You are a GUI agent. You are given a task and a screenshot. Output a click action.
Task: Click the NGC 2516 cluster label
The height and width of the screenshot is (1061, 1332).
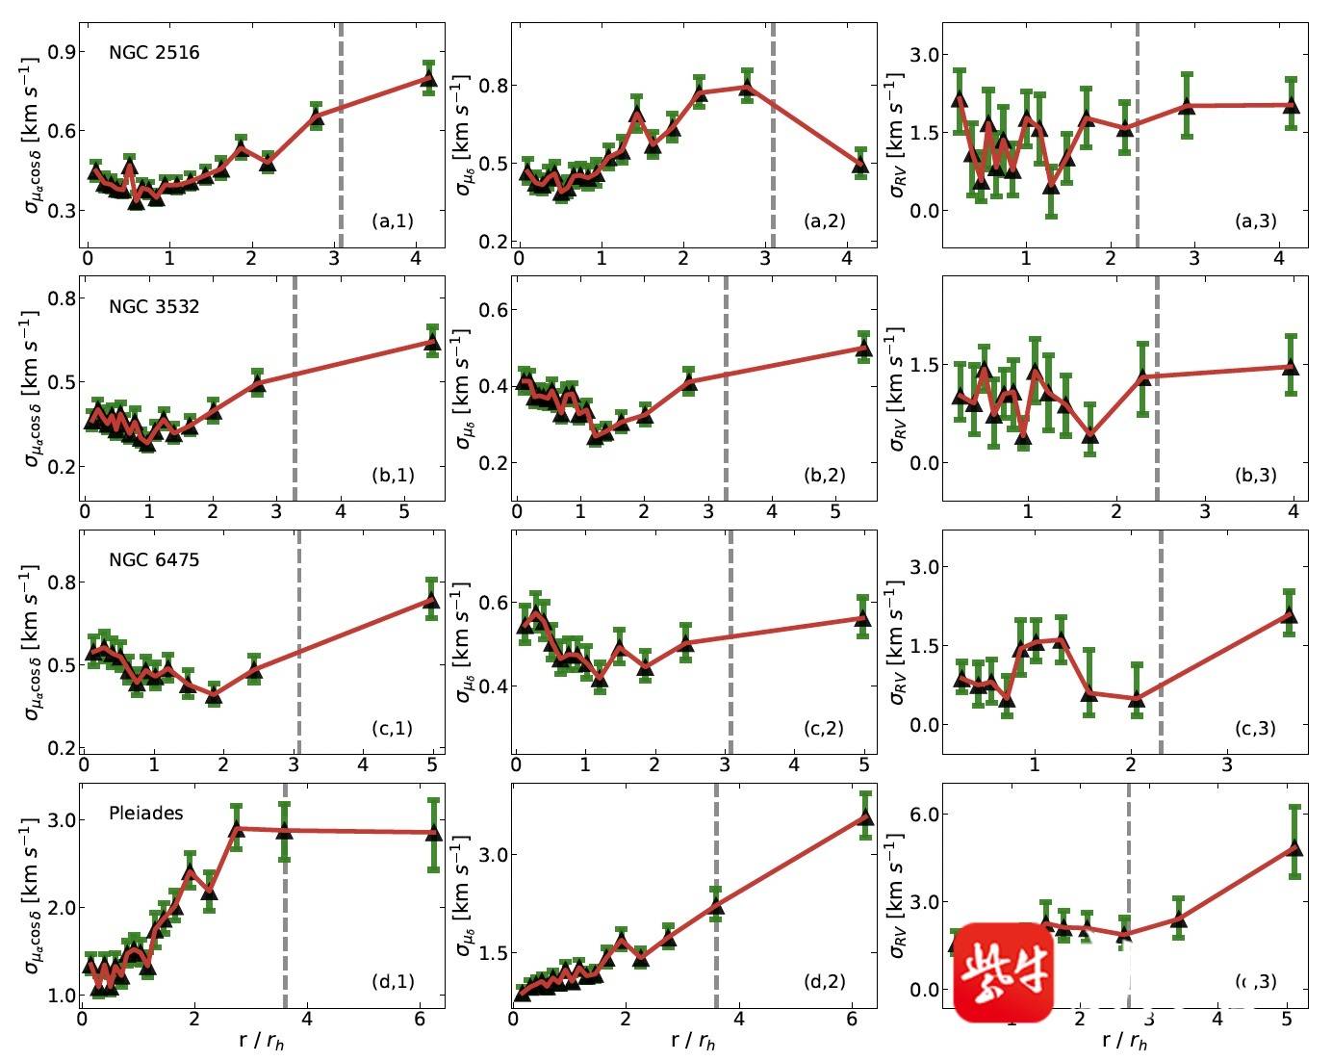click(154, 52)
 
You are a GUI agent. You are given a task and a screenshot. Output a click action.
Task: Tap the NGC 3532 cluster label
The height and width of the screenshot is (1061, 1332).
click(154, 307)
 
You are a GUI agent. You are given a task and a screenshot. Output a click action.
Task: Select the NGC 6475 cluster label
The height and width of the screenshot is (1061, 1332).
click(154, 558)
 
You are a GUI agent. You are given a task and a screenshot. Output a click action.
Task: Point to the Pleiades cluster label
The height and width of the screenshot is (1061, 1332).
click(146, 813)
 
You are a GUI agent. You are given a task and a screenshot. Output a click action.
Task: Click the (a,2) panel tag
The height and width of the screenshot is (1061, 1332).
click(825, 220)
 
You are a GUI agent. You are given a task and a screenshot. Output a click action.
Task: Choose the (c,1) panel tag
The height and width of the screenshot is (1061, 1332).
click(393, 728)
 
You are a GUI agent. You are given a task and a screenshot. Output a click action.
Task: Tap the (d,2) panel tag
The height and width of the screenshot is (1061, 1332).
click(825, 981)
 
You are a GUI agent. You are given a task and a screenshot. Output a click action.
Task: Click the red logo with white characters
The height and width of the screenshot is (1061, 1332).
click(1004, 972)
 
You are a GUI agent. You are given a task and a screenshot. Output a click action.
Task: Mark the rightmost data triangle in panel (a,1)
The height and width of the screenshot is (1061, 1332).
click(429, 80)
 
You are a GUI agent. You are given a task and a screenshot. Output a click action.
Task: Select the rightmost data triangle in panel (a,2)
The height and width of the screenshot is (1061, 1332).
click(860, 165)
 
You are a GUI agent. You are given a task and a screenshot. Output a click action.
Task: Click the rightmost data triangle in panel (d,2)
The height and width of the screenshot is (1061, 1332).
click(865, 818)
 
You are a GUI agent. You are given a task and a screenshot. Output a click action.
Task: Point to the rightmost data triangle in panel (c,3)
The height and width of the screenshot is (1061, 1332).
click(1289, 615)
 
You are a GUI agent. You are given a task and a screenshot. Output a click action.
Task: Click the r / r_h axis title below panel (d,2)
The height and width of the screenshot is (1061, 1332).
click(694, 1041)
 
